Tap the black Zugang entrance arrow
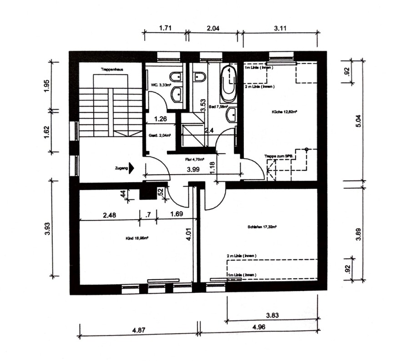click(132, 168)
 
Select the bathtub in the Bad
click(228, 85)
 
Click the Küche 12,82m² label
click(281, 110)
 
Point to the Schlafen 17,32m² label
click(262, 226)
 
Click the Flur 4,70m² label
click(194, 160)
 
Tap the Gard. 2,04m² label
click(157, 136)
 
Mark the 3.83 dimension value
click(272, 314)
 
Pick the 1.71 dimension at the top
click(165, 28)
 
